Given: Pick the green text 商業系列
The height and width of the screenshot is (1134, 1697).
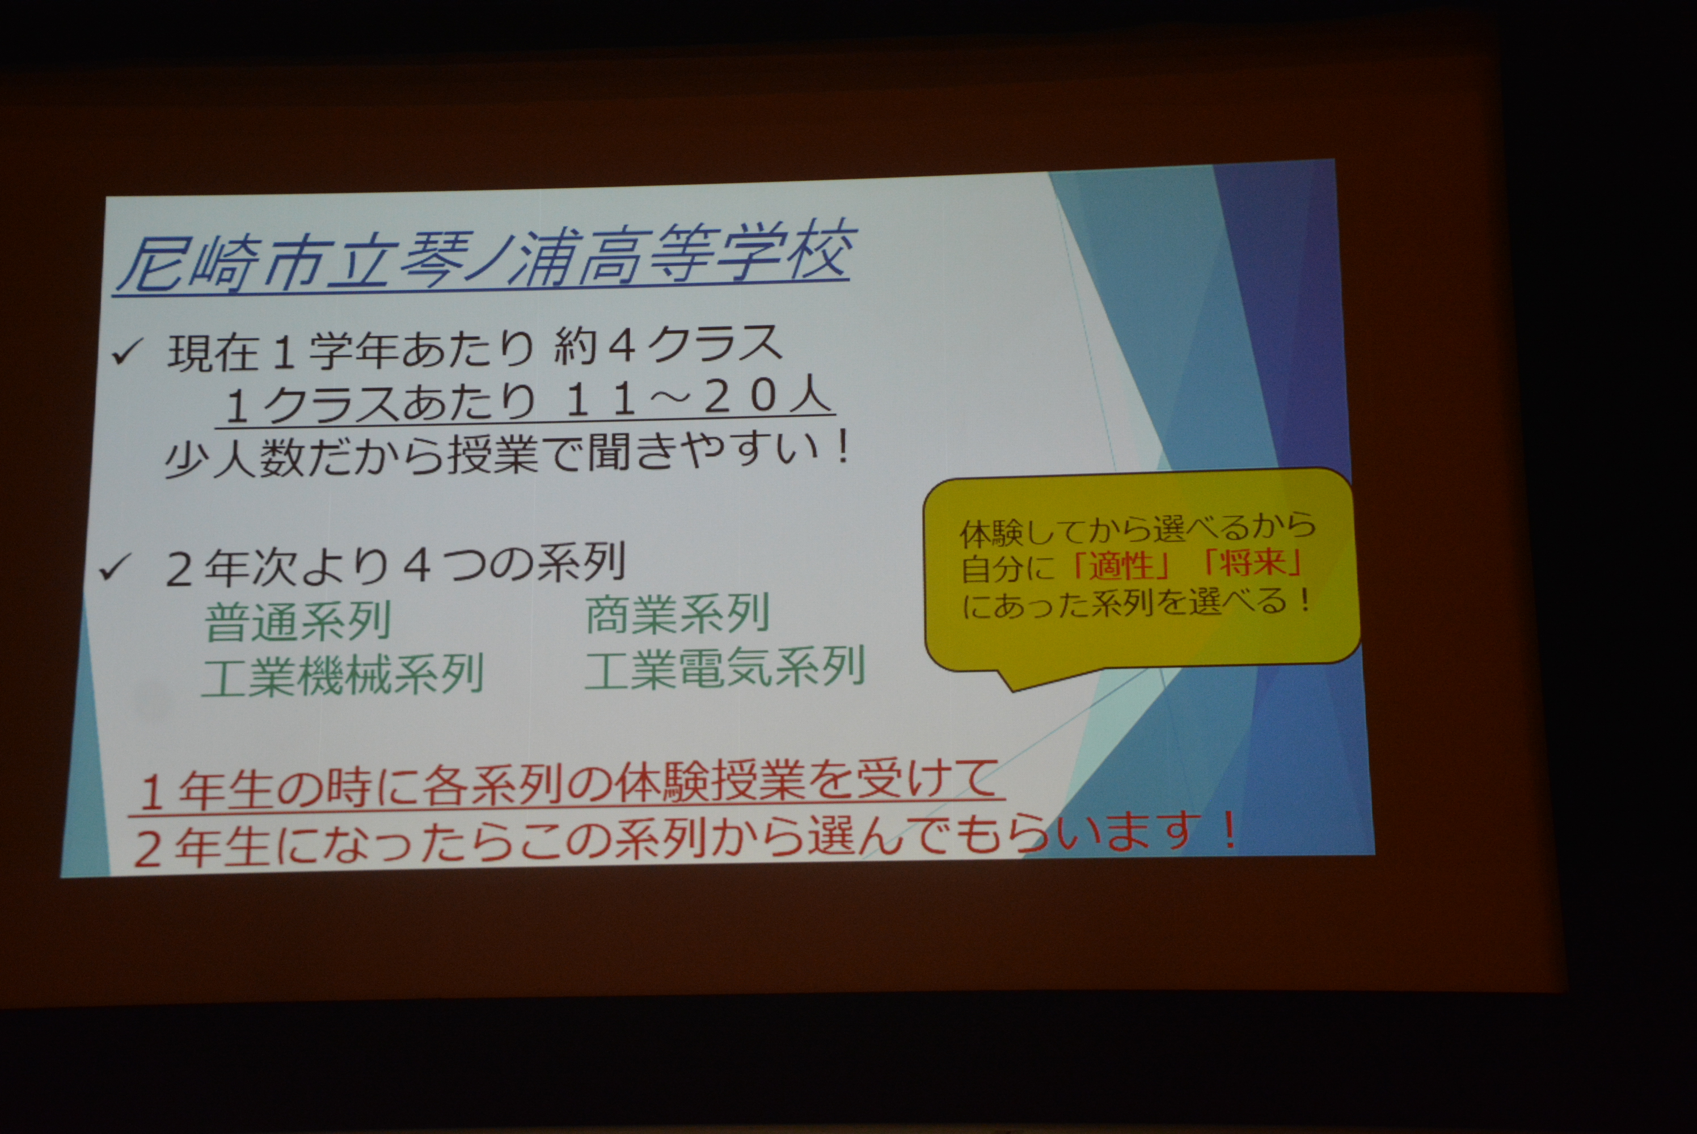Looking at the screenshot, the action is tap(677, 615).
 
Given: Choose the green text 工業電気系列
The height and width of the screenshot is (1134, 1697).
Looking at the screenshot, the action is tap(724, 667).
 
